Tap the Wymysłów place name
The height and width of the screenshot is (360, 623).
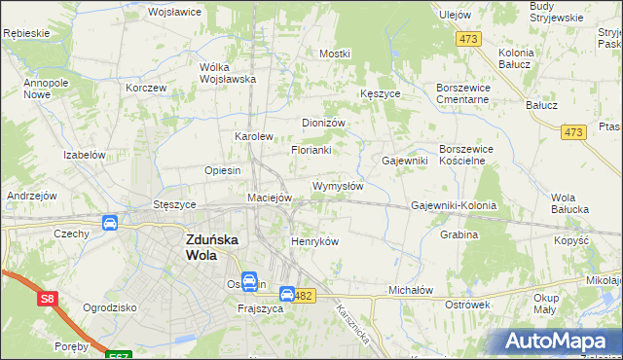tap(338, 186)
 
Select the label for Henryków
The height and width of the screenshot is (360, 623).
tap(314, 241)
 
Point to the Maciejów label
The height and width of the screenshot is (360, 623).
tap(270, 198)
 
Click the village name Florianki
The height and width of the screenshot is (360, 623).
tap(311, 150)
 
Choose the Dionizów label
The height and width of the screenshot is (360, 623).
tap(324, 123)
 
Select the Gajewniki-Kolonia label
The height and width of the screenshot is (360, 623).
tap(454, 206)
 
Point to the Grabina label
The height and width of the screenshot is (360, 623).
tap(458, 234)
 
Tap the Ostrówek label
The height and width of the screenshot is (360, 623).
tap(465, 306)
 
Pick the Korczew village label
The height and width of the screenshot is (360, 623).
tap(146, 87)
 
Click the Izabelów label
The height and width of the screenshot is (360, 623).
tap(84, 155)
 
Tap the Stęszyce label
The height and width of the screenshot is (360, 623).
tap(175, 205)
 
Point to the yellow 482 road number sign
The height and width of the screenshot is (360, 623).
tap(306, 295)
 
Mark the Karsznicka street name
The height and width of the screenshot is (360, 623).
tap(351, 320)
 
